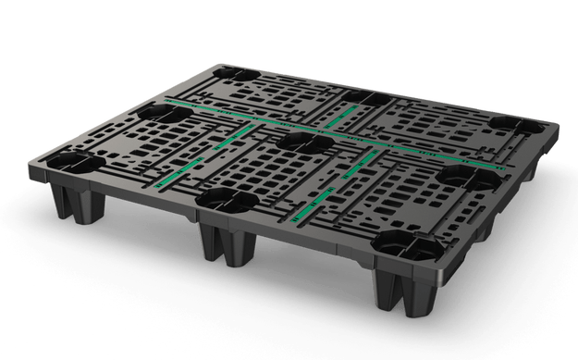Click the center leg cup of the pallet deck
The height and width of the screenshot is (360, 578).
[x=299, y=141]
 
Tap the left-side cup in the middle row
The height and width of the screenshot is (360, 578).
[x=162, y=114]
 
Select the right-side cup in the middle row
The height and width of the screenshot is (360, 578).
[x=453, y=174]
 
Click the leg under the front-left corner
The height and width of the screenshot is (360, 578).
[x=75, y=199]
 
